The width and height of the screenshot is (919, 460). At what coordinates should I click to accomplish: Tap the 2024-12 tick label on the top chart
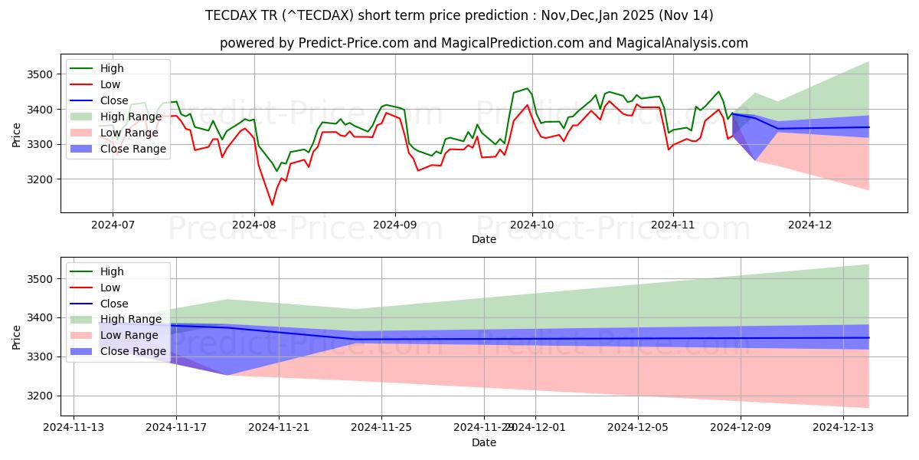click(809, 225)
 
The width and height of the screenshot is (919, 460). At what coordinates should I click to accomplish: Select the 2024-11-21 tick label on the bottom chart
click(279, 426)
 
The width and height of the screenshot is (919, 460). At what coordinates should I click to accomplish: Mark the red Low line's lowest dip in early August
click(272, 205)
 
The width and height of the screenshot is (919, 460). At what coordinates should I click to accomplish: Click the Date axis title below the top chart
click(483, 240)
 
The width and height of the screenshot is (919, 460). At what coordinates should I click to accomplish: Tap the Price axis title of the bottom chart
click(17, 336)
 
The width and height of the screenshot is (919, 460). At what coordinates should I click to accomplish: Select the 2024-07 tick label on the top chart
click(113, 225)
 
